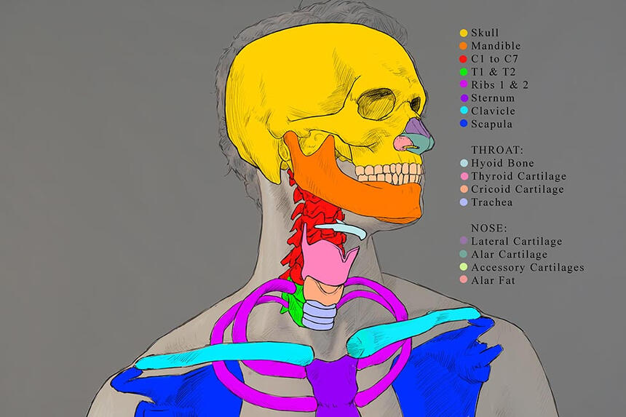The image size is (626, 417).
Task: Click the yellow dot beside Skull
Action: (x=463, y=33)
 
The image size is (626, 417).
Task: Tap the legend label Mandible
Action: (x=495, y=46)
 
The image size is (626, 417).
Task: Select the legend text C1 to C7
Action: (x=496, y=59)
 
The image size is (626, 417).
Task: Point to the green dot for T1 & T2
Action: (x=463, y=72)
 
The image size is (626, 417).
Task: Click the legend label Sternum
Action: (x=493, y=98)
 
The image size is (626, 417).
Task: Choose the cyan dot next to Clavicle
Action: (x=463, y=111)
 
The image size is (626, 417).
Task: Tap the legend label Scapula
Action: (x=492, y=124)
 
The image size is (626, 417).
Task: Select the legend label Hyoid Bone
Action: (x=502, y=163)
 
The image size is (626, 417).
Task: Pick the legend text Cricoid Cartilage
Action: (x=518, y=189)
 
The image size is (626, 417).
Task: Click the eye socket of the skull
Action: (x=379, y=103)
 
